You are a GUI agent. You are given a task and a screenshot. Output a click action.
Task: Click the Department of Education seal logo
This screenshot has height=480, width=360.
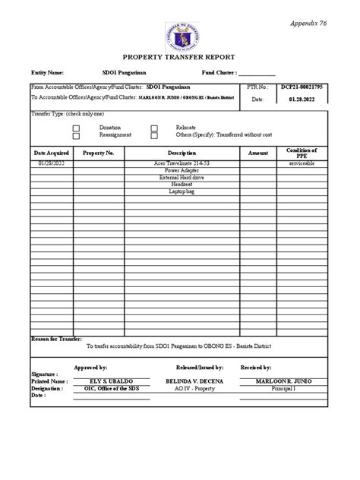[179, 33]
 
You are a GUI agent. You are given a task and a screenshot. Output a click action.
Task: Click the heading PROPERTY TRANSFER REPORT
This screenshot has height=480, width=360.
[179, 57]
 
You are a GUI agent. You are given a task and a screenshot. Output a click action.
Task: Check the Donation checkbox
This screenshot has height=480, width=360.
[76, 128]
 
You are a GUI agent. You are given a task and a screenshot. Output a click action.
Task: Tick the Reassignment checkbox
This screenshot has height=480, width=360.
[76, 135]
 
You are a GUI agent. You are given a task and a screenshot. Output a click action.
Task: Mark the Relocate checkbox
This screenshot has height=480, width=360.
[154, 128]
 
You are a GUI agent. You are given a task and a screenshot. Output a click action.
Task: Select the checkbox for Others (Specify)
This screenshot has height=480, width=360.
[154, 135]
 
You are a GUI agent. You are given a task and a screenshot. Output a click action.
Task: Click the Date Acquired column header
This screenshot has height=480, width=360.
[52, 153]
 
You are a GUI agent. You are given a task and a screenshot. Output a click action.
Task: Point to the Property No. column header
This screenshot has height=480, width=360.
[99, 153]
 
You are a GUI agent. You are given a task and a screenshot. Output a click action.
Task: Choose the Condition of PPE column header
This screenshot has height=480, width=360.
[302, 153]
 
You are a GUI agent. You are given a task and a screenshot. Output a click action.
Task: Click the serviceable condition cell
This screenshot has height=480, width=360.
[302, 164]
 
